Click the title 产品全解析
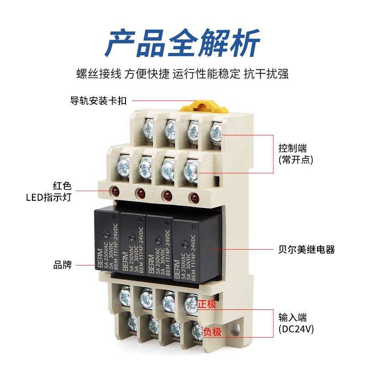(x=182, y=42)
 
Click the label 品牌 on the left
(x=63, y=265)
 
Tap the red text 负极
(x=212, y=332)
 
